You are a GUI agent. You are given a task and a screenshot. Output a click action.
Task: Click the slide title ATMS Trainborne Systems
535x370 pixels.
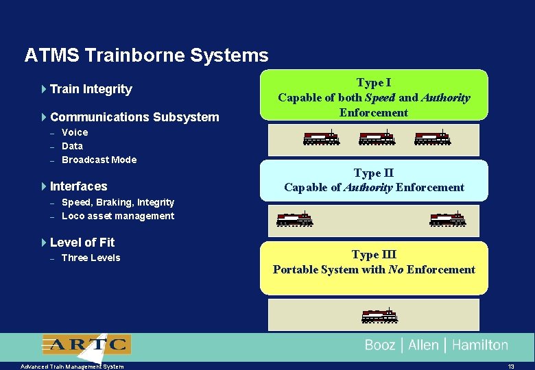click(146, 55)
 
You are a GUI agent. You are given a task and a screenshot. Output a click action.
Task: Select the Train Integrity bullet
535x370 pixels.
click(91, 89)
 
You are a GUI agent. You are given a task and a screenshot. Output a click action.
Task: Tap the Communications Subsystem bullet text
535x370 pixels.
click(134, 117)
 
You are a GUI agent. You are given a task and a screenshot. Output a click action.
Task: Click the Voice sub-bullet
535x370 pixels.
click(75, 132)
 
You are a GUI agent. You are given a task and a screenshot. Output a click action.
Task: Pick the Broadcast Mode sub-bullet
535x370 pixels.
click(99, 160)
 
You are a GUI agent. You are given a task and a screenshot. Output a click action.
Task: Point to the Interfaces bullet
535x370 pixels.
click(78, 186)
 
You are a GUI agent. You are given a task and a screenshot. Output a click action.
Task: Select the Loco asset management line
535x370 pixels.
click(118, 216)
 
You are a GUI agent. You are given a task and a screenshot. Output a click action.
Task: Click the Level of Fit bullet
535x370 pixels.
click(82, 243)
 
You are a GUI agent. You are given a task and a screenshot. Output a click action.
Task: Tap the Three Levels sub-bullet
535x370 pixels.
click(91, 258)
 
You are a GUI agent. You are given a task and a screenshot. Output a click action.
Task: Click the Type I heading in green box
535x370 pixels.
click(374, 83)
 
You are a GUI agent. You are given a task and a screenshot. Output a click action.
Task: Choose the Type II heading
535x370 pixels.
click(374, 173)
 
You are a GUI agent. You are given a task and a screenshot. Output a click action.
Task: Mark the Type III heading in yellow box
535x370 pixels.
click(374, 255)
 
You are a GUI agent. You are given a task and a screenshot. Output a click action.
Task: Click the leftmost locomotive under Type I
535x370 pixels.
click(321, 138)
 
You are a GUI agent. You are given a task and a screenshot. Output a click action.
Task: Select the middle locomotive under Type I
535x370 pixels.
click(377, 138)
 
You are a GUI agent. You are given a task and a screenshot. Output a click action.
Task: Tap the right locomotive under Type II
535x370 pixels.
click(447, 219)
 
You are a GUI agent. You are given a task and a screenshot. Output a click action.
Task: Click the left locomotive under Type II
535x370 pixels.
click(294, 219)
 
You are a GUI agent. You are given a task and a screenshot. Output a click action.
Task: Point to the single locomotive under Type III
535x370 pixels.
click(379, 316)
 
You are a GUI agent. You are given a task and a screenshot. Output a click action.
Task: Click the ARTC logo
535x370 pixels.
click(86, 344)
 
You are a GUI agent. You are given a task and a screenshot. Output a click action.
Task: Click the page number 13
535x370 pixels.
click(511, 367)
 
